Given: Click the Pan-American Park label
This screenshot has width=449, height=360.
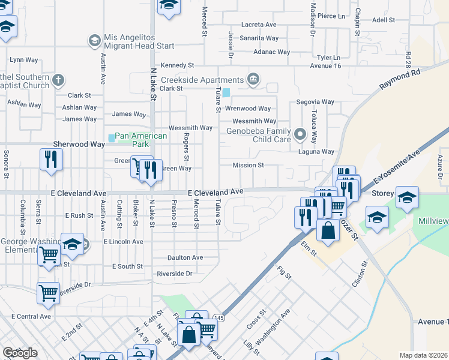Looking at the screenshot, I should pos(140,140).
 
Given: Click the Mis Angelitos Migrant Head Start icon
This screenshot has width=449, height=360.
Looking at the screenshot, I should pos(94,41).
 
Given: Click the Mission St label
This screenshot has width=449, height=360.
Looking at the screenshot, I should pos(249,165).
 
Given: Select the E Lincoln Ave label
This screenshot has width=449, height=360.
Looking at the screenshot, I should pos(123,241).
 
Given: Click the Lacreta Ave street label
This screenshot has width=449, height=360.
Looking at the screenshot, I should pos(258,25).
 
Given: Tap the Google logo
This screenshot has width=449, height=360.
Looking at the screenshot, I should pos(19,353).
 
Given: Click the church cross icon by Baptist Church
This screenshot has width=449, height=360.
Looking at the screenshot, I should pos(58,80).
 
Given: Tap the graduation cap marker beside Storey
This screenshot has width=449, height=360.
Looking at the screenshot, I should pos(407,197).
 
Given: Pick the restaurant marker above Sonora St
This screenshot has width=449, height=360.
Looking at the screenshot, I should pos(50,160).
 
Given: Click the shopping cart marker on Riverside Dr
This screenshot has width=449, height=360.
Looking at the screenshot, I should pos(48,293).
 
